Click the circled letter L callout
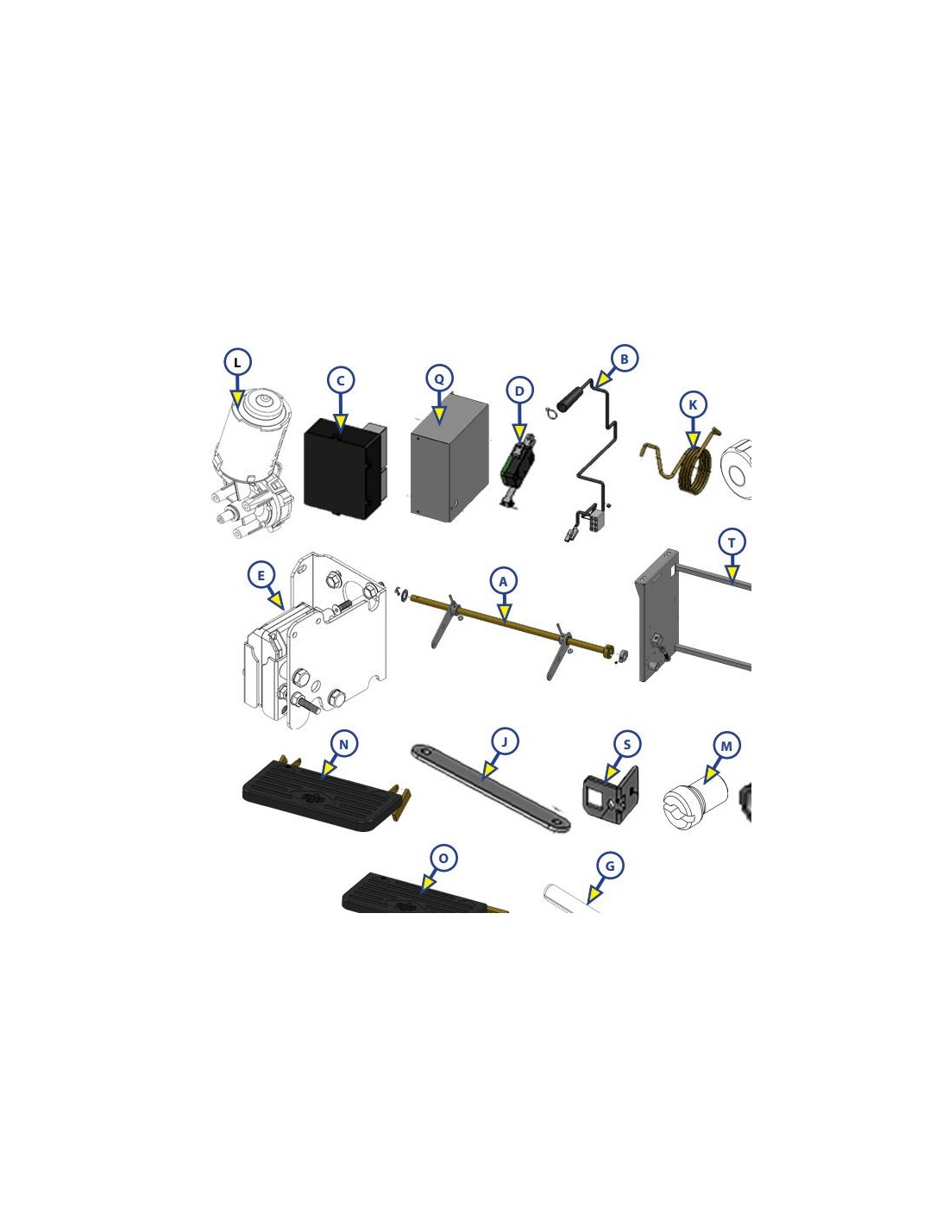tap(237, 362)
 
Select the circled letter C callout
tap(341, 380)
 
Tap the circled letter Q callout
tap(439, 379)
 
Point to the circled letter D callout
tap(520, 391)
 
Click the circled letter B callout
tap(624, 359)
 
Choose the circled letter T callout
tap(732, 543)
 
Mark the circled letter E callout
tap(261, 575)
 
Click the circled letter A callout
tap(504, 582)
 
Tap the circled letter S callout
tap(626, 745)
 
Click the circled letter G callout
tap(610, 866)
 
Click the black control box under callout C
tap(345, 469)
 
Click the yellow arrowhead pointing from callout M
tap(710, 778)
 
